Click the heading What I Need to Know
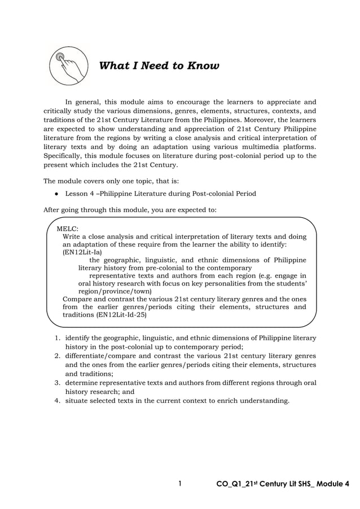tap(159, 66)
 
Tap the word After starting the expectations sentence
tap(52, 210)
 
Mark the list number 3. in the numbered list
tap(58, 383)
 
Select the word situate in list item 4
tap(78, 401)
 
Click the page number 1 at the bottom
tap(179, 484)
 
